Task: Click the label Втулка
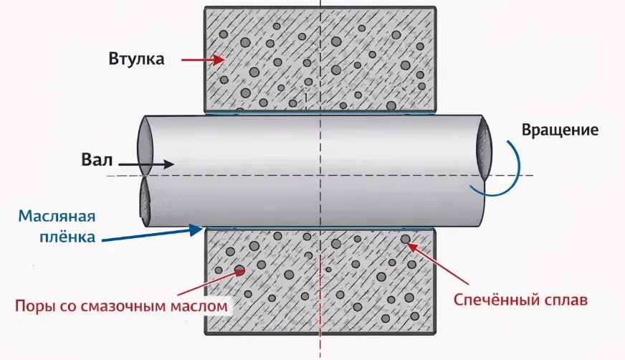click(137, 59)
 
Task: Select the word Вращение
click(560, 131)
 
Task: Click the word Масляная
click(57, 217)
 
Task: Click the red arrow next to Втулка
click(196, 60)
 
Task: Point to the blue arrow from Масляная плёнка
click(151, 234)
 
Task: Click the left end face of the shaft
click(144, 172)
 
